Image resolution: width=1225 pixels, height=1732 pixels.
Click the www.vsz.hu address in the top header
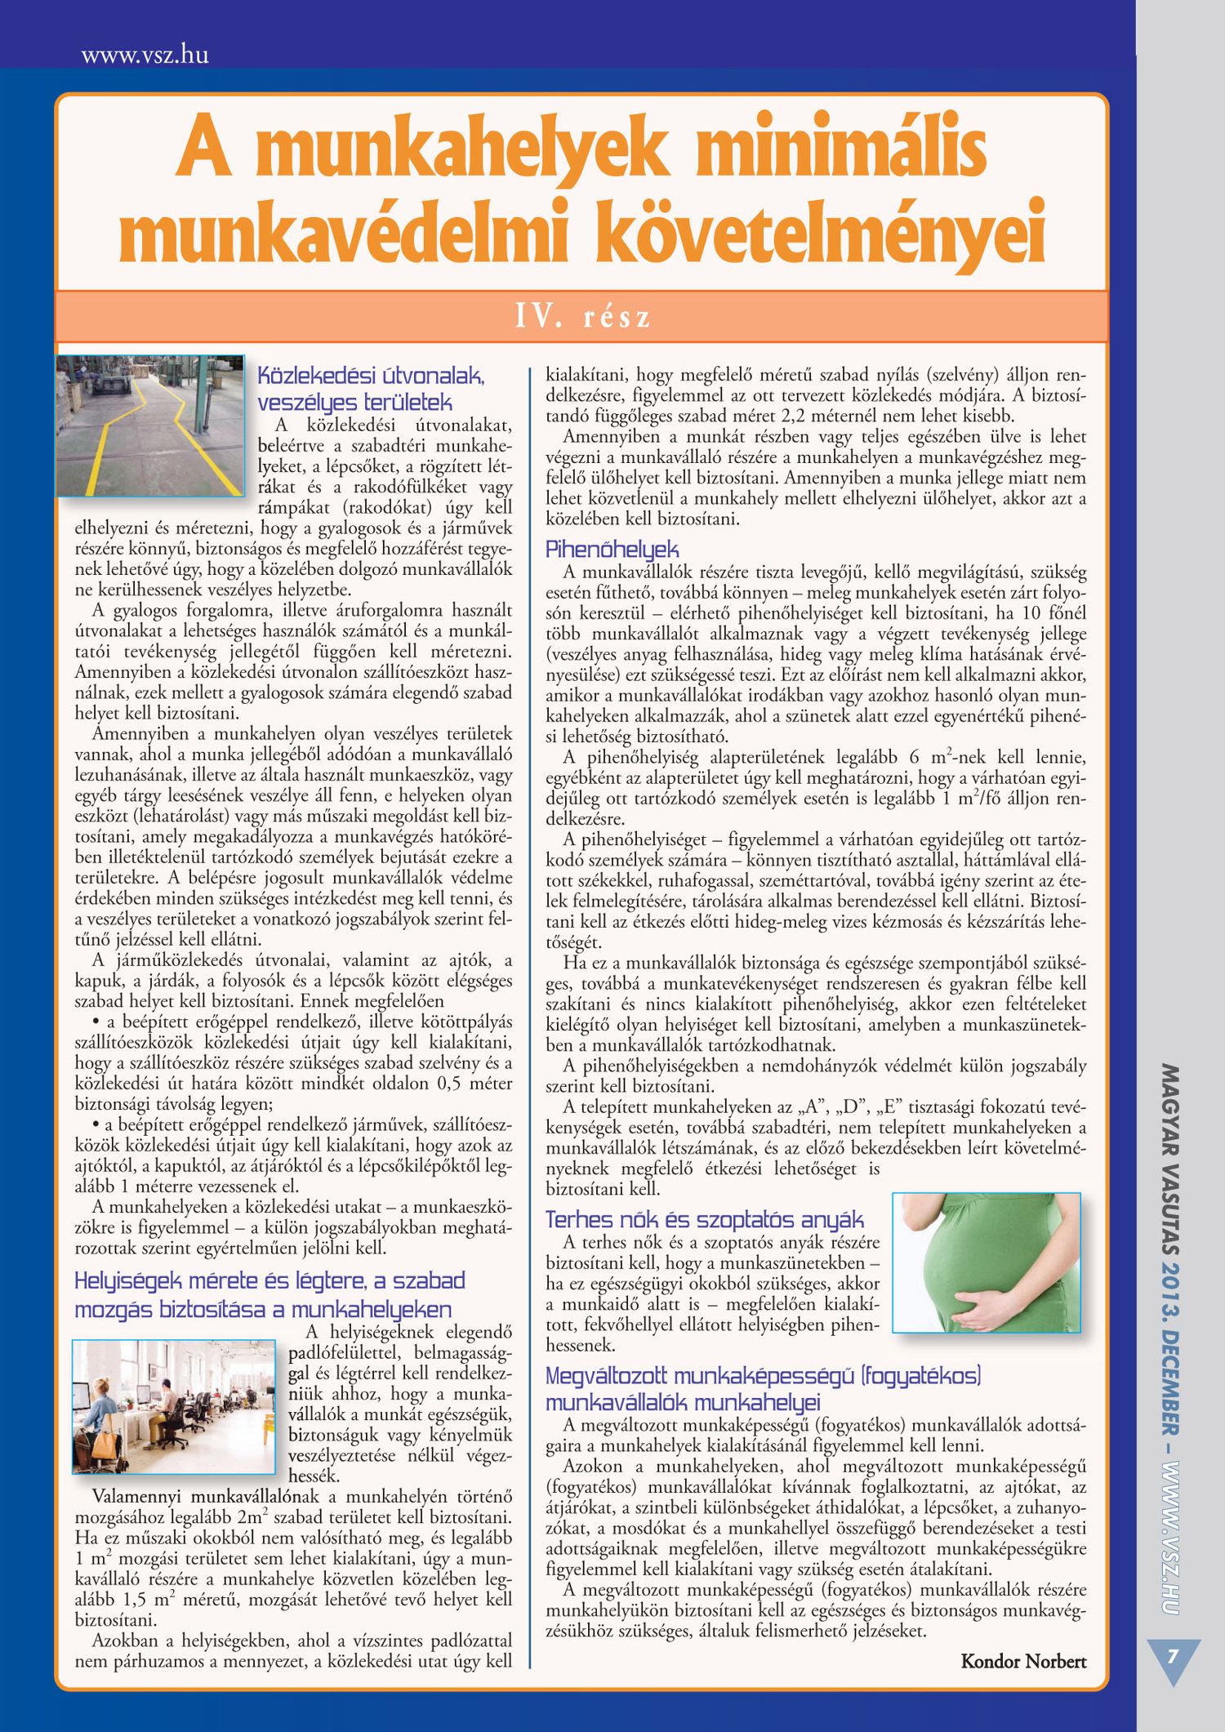click(145, 56)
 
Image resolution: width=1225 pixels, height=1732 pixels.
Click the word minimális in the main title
click(841, 148)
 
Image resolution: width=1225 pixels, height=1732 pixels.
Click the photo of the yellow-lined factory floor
click(150, 425)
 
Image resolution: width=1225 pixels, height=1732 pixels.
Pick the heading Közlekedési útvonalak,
click(372, 376)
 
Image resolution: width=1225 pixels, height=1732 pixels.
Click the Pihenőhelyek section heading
click(612, 549)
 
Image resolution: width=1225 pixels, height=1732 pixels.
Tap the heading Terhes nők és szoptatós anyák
click(704, 1219)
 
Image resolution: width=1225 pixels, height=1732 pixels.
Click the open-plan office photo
click(174, 1406)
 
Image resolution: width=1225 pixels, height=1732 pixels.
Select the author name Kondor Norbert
click(1023, 1661)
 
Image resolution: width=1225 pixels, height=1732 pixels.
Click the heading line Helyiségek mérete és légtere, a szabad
click(269, 1280)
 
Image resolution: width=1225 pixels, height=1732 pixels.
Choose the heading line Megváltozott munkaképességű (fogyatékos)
click(763, 1376)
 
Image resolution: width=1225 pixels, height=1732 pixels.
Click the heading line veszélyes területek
click(354, 403)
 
